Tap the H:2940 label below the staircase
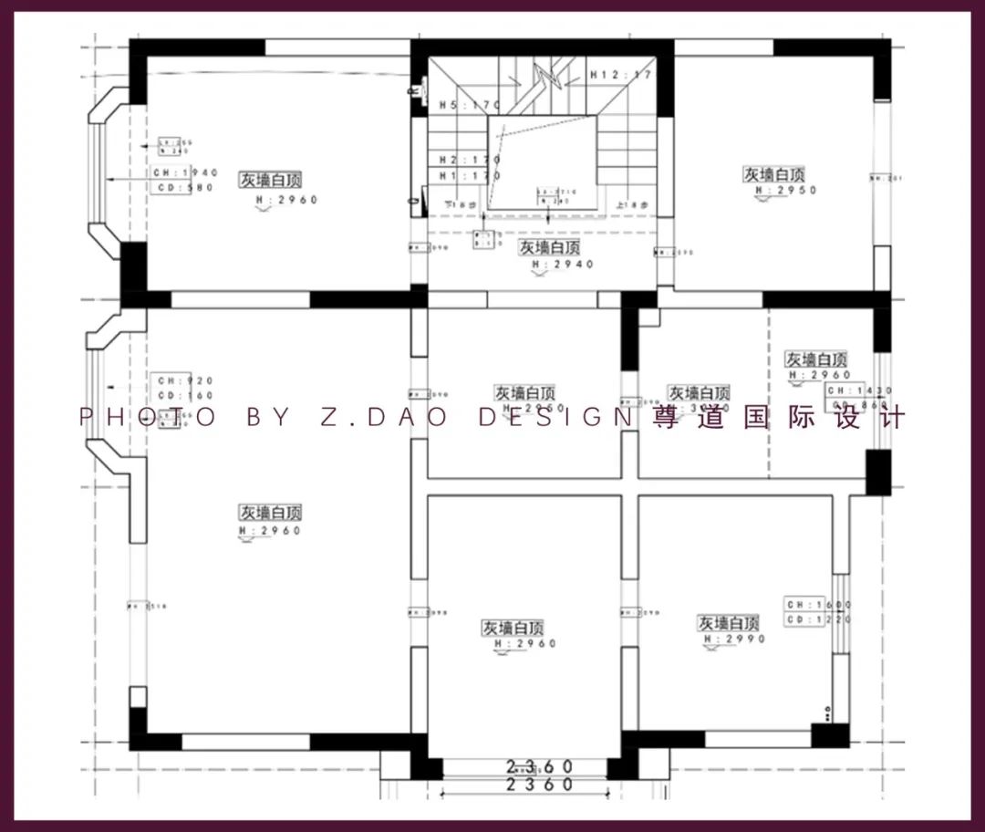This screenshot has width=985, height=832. pos(562,264)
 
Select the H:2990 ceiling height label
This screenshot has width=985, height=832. pos(734,640)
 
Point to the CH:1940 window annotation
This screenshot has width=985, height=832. pos(184,172)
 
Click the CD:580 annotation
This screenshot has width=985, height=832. pos(184,188)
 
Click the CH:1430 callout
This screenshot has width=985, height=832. pos(857,390)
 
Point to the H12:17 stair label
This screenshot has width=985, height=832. pos(620,75)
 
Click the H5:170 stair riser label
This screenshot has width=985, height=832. pos(470,106)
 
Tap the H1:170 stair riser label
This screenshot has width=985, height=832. pos(470,175)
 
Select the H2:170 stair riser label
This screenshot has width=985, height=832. pos(470,160)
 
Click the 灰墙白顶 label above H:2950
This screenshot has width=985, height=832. pos(774,174)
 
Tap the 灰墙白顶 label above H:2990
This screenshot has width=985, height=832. pos(729,623)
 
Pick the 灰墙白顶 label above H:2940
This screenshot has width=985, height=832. pos(550,247)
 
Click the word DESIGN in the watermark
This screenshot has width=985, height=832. pos(555,418)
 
